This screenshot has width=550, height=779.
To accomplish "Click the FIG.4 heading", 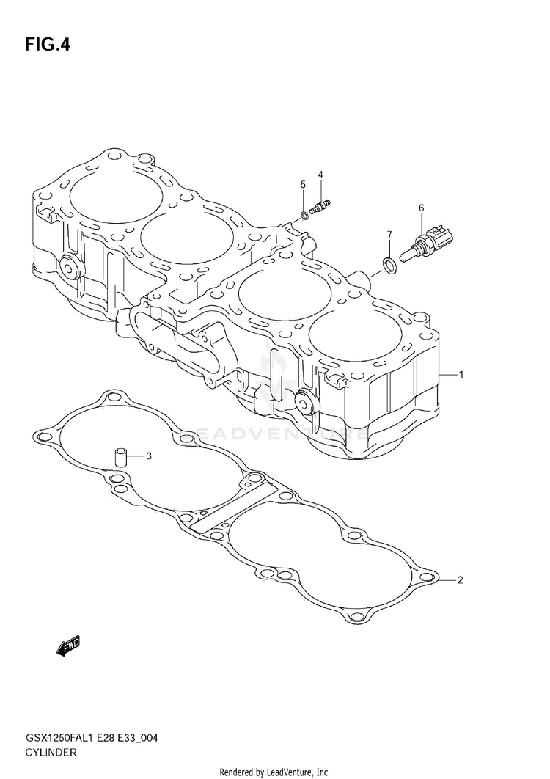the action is coord(47,45).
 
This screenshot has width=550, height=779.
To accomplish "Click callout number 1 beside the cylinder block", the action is coord(461,375).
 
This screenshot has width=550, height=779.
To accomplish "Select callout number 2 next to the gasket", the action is coord(460,579).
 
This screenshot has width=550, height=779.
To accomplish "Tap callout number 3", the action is coord(149,456).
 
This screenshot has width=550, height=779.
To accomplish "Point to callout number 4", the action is coord(320,175).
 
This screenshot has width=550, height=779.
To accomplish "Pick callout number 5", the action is coord(303,185).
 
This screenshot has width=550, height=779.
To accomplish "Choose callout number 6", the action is coord(422,208).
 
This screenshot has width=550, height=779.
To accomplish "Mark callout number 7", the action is coord(389,234).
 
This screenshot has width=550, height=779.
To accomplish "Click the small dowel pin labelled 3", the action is coord(120,457).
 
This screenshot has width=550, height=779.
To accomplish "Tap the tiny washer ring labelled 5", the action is coord(304,216).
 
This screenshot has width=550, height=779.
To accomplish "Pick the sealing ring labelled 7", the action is coord(389,265).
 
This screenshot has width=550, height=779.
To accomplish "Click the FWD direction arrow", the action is coord(67,648).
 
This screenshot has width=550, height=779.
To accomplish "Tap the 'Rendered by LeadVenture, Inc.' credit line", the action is coord(275,772).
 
